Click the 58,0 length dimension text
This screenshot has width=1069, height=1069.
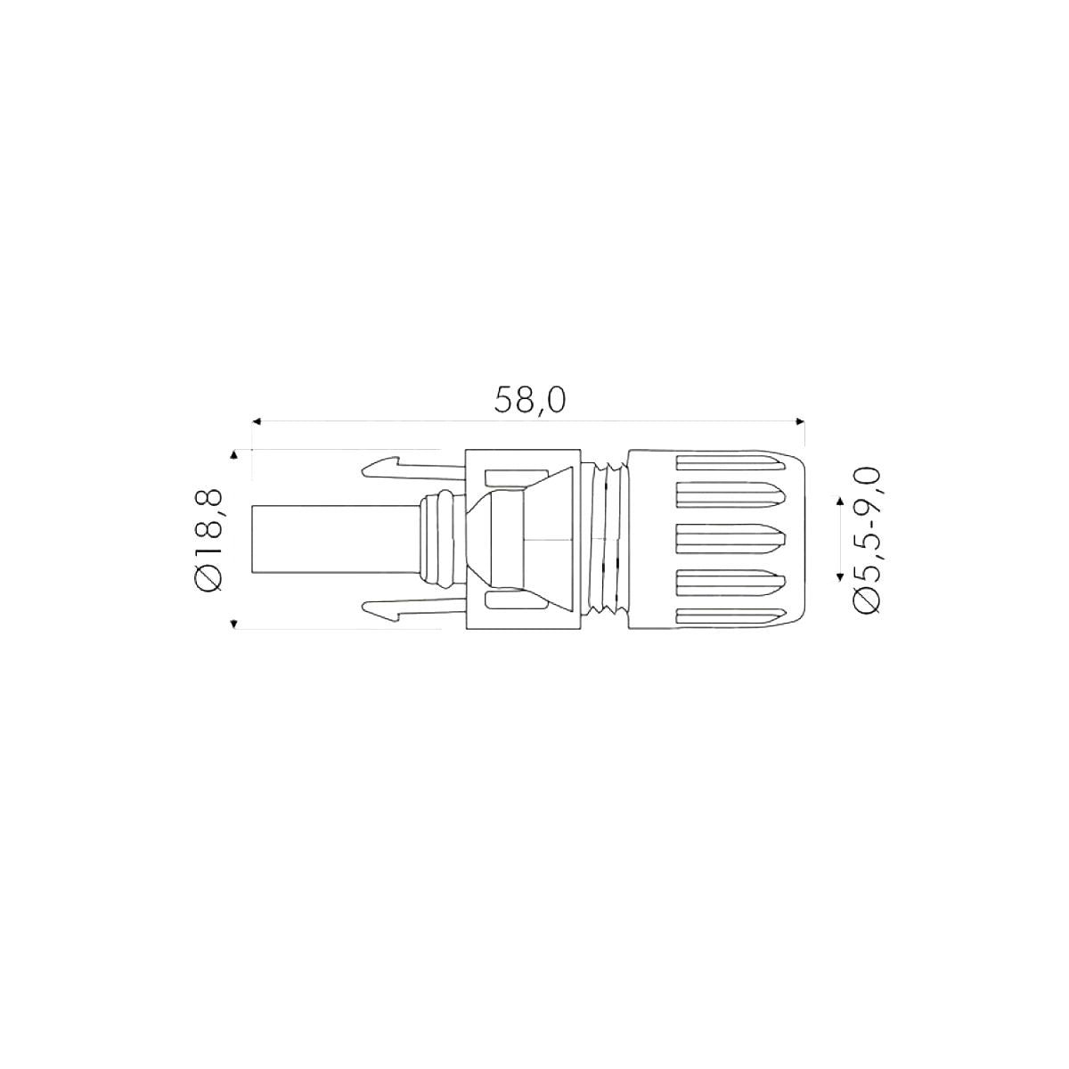(530, 400)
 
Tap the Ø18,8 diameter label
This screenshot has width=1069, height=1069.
(209, 541)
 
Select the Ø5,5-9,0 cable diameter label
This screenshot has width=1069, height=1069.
(866, 540)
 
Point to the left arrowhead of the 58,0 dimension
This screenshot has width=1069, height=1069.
(257, 421)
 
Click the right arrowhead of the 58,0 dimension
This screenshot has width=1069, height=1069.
(801, 421)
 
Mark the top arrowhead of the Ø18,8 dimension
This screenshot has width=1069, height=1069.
(234, 455)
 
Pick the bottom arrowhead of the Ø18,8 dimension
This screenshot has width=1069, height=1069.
(234, 624)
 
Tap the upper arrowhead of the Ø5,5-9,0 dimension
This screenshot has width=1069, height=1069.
(839, 501)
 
